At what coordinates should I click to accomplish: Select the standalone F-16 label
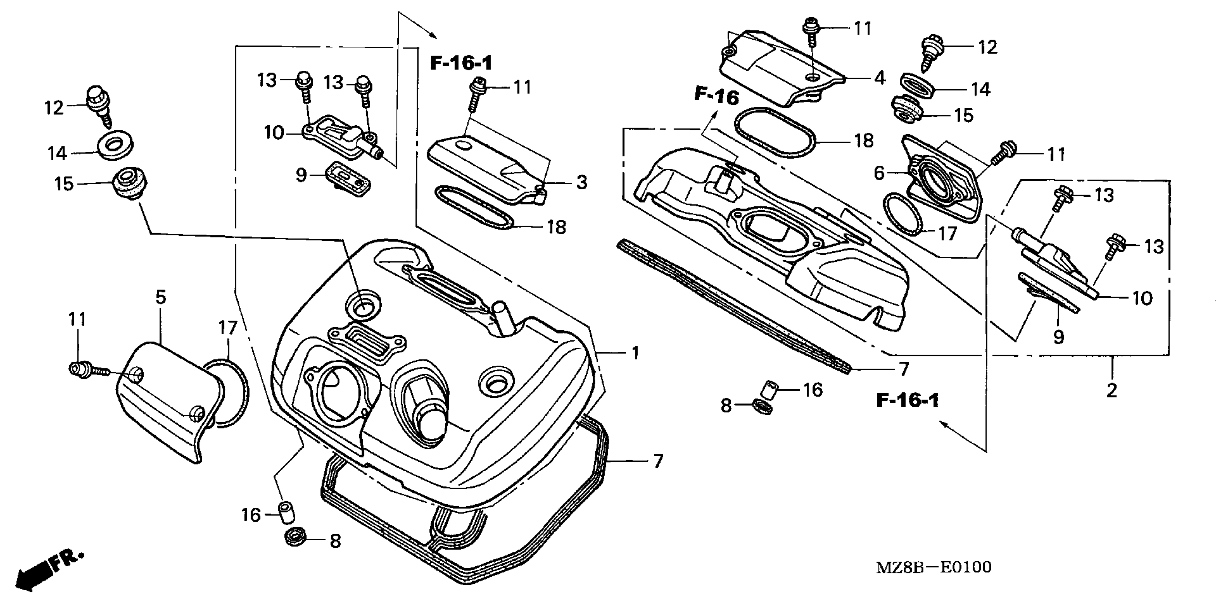[716, 97]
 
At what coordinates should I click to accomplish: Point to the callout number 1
[635, 353]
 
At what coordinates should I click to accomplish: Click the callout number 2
[1112, 391]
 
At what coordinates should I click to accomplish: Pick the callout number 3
[582, 182]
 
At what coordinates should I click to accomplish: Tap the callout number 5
[161, 297]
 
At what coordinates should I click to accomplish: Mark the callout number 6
[879, 174]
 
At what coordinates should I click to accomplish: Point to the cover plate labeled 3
[486, 170]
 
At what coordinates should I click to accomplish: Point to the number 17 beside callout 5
[228, 328]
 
